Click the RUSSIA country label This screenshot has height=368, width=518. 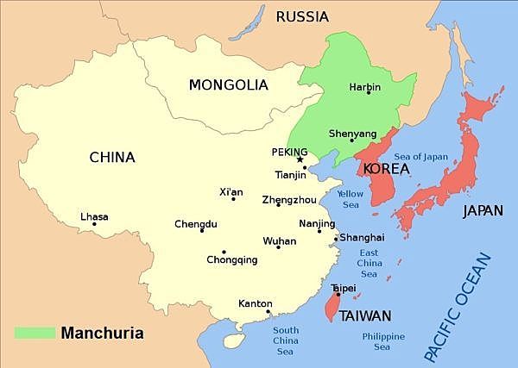302,16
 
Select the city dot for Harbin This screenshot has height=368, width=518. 369,93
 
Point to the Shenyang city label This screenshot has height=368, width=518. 352,134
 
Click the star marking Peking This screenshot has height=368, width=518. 300,159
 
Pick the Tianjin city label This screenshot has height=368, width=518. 290,175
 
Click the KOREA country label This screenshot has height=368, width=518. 387,169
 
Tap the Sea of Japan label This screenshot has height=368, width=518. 421,156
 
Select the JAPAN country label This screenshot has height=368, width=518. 483,210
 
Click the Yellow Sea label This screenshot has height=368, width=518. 350,199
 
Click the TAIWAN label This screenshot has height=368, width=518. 365,315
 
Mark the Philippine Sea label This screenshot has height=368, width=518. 383,341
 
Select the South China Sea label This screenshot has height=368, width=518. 285,341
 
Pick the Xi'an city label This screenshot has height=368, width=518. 232,191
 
